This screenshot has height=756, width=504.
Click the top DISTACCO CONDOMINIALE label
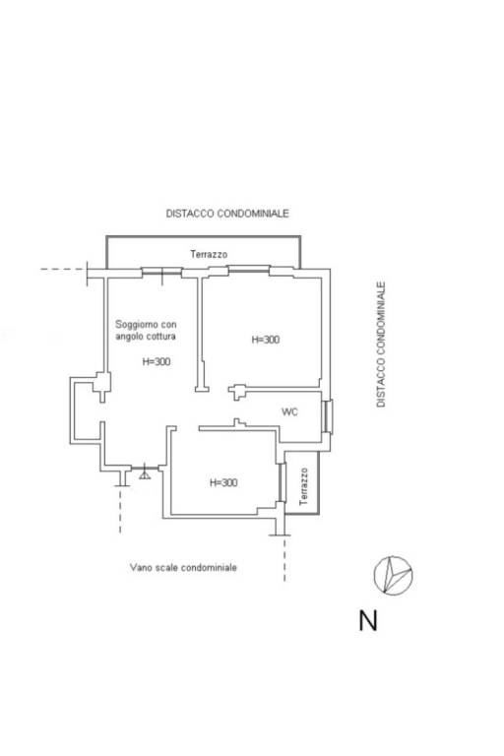227,213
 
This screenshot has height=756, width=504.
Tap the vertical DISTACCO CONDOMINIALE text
381,345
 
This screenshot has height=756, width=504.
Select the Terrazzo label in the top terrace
209,254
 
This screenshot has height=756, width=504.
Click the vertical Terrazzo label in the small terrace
303,486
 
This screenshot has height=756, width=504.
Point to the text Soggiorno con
146,325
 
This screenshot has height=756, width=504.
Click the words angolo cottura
145,336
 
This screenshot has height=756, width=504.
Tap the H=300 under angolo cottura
157,361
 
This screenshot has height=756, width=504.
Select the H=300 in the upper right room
265,340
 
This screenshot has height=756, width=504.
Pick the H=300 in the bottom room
223,482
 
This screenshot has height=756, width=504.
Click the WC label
289,411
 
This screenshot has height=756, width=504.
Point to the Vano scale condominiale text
183,567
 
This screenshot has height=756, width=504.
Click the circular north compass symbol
393,575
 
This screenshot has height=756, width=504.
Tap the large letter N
368,621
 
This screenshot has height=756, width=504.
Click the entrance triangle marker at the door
144,475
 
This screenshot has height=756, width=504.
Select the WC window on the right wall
328,416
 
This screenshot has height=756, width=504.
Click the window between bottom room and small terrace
282,482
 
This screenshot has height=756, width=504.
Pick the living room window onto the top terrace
161,272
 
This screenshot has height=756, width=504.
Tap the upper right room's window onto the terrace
248,269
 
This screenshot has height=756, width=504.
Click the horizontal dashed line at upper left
62,269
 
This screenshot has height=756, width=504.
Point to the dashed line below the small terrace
284,559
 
